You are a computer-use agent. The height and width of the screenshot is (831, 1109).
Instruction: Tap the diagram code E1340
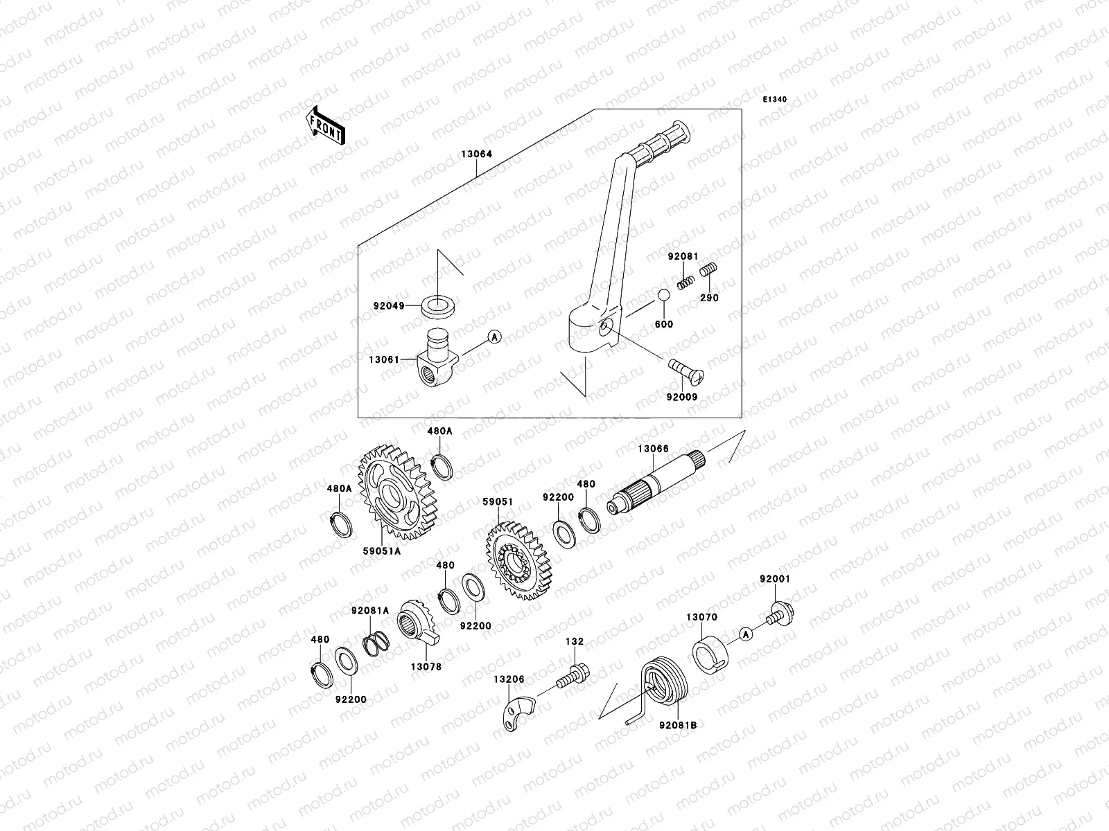click(775, 100)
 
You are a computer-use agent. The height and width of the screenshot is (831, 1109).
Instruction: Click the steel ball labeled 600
click(665, 295)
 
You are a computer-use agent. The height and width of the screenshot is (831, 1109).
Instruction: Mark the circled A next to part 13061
click(494, 337)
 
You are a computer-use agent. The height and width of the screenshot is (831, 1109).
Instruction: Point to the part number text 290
click(709, 298)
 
